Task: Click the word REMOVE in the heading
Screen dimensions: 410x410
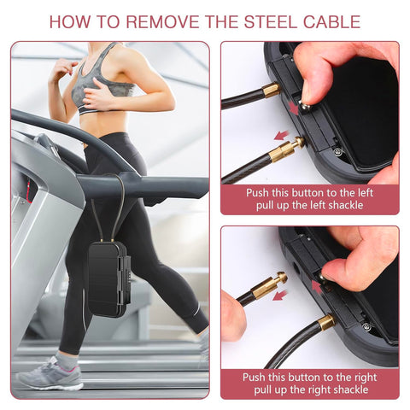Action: tap(163, 21)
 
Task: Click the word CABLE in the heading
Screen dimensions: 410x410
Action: tap(331, 21)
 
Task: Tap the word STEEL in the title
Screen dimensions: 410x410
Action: tap(271, 21)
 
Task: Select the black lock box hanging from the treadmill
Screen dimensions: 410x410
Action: tap(108, 280)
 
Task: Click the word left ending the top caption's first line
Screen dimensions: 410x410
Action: tap(365, 193)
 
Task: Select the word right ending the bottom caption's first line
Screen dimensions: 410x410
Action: tap(366, 378)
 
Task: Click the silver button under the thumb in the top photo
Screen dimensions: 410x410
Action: tap(305, 107)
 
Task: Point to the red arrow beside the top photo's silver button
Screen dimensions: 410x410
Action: tap(293, 108)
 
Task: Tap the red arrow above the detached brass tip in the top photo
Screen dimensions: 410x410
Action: tap(281, 135)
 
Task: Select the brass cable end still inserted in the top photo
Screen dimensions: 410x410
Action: tap(271, 90)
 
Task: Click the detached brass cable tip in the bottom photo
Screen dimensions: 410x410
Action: tap(268, 286)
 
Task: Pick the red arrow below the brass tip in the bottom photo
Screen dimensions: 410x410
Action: tap(280, 296)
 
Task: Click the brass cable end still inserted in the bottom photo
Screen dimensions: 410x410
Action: tap(325, 323)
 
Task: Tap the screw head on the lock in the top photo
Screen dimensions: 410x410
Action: tap(338, 151)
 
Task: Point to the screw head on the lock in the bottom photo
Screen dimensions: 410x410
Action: tap(366, 326)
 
